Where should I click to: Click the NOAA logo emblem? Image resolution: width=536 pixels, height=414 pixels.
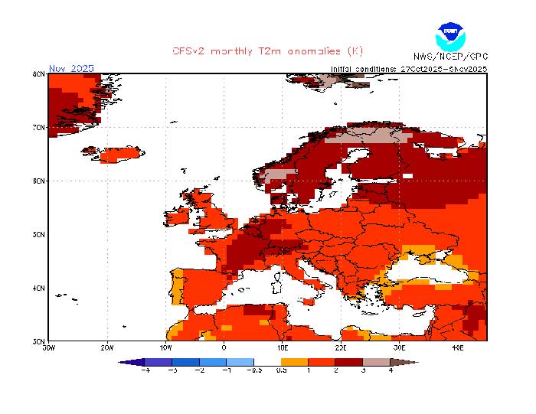(450, 35)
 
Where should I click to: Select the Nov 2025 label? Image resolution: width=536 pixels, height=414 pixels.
(71, 68)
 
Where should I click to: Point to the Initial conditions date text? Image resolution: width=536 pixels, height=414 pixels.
(408, 68)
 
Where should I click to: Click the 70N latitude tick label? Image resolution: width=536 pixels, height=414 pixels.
(39, 127)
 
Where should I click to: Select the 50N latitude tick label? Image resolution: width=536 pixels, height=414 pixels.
(39, 235)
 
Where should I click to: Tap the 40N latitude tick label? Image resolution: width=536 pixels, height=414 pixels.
(39, 288)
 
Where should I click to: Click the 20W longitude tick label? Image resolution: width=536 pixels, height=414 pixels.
(106, 347)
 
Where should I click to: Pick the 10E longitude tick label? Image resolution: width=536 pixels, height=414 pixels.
(283, 347)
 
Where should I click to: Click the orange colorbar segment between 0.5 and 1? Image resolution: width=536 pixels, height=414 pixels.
(295, 361)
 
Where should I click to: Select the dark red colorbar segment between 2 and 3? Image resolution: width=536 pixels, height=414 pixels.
(348, 361)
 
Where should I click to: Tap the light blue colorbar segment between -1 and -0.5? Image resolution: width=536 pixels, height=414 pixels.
(240, 361)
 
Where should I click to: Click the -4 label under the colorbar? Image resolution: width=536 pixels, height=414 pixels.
(145, 370)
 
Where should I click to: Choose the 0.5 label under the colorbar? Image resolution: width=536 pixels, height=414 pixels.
(281, 370)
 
